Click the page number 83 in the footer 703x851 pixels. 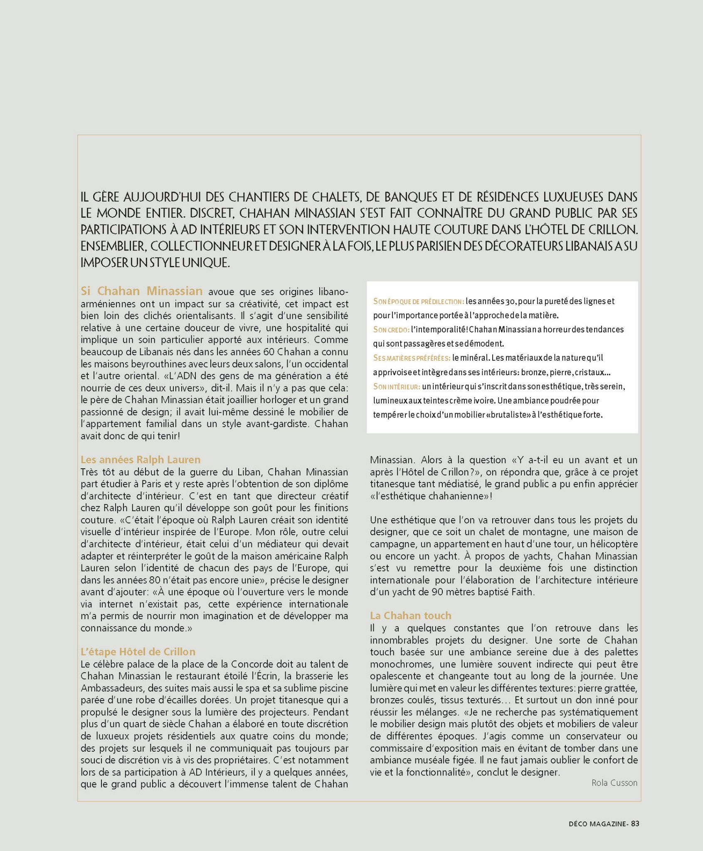click(635, 823)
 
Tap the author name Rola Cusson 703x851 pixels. click(614, 783)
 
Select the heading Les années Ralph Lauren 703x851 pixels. click(141, 460)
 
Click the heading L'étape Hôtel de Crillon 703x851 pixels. click(138, 652)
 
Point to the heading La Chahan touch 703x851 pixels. click(410, 615)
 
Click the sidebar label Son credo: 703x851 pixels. click(391, 330)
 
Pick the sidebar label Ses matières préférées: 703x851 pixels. click(412, 358)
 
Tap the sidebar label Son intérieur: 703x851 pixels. click(397, 386)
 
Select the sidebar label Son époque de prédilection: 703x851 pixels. click(418, 301)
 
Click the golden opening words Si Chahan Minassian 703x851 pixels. click(142, 291)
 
